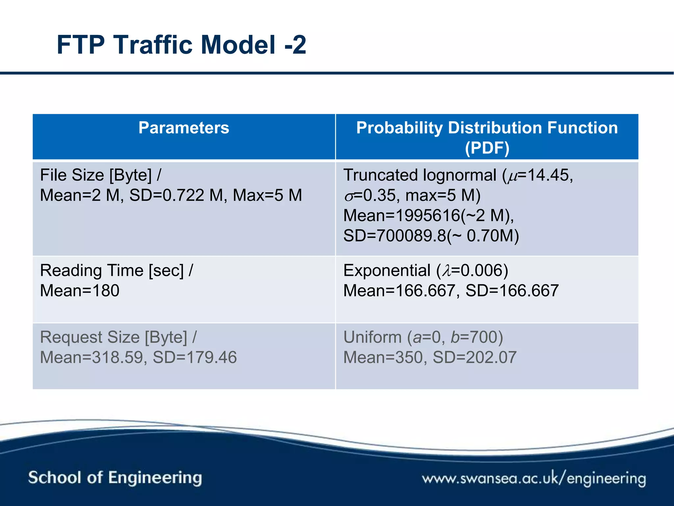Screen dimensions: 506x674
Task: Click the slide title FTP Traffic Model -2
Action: point(181,45)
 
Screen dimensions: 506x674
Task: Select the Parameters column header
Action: point(184,128)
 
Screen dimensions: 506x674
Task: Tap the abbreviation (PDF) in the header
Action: point(487,148)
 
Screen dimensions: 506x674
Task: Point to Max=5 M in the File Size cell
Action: point(267,195)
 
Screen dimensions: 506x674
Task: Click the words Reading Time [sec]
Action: point(112,270)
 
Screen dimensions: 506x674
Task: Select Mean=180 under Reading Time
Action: point(80,291)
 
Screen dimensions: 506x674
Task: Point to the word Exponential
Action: point(387,270)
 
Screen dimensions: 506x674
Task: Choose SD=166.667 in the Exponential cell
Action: point(512,291)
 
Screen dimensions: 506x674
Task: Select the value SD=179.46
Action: point(195,357)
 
